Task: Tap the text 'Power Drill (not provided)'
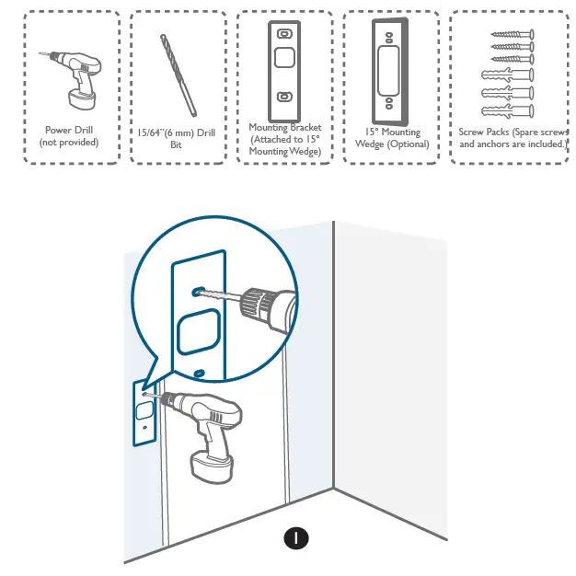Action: click(x=70, y=136)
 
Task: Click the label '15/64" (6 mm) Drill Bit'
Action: click(x=177, y=138)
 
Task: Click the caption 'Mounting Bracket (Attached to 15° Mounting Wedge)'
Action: click(x=284, y=139)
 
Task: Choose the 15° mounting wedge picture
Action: click(x=390, y=69)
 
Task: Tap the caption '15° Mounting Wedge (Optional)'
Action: click(x=391, y=138)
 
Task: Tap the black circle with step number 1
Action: click(x=295, y=536)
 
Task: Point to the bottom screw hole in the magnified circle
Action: click(x=200, y=373)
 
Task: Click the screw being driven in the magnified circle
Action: click(x=220, y=296)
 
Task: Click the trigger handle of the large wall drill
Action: click(x=215, y=432)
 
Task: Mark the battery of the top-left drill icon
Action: click(x=81, y=95)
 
